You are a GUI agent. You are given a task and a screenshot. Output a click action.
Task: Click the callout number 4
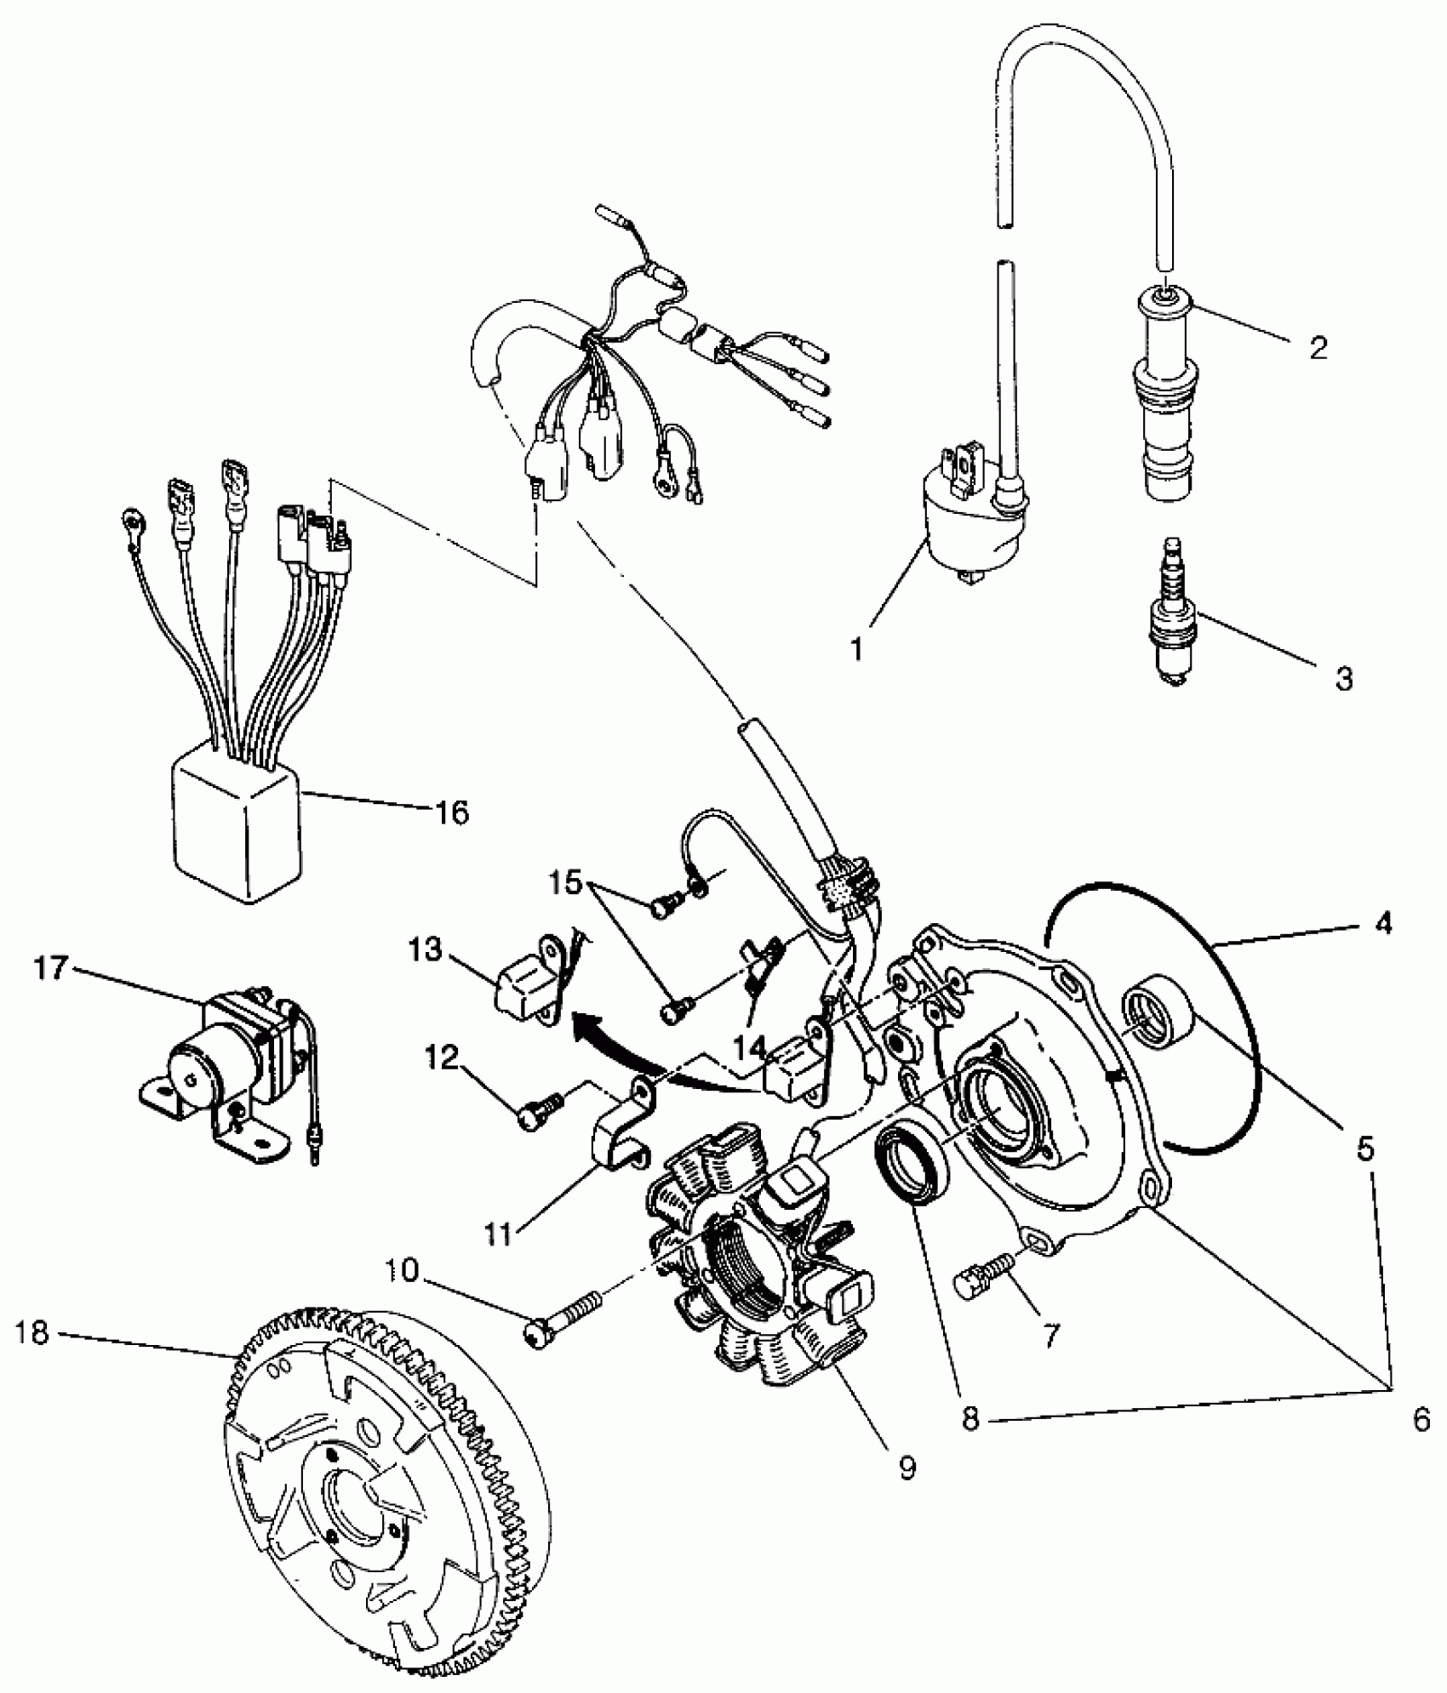(x=1384, y=923)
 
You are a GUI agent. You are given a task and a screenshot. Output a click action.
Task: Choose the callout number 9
(x=907, y=1468)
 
